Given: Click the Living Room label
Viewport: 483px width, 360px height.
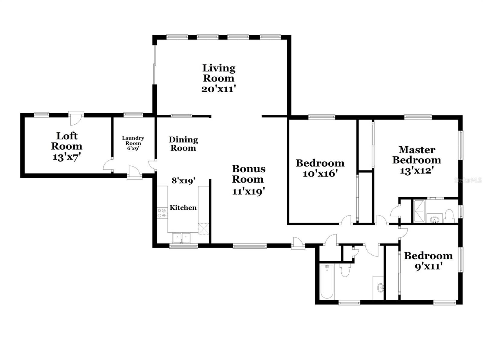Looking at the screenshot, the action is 219,73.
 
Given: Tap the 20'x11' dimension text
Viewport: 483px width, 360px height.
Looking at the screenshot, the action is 219,89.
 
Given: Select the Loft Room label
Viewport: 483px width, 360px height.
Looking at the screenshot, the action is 67,141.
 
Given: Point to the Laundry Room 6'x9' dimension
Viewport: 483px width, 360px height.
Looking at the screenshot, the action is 133,148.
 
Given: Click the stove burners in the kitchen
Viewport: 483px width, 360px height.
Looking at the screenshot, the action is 162,213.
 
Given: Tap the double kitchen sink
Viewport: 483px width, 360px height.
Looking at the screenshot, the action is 181,237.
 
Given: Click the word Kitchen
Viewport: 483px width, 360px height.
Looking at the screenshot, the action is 183,208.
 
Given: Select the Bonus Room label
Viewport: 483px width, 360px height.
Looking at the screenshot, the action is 249,174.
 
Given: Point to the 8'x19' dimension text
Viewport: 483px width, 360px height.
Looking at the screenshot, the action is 183,180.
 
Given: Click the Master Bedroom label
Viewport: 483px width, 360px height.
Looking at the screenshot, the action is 417,155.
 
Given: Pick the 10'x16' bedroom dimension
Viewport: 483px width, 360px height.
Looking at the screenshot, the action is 320,174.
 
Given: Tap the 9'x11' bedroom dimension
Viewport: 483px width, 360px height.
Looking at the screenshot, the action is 429,266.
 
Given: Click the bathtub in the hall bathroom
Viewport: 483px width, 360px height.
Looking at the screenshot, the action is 327,282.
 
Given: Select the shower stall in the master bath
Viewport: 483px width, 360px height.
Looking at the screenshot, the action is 419,211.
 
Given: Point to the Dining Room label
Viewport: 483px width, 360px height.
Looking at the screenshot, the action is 183,144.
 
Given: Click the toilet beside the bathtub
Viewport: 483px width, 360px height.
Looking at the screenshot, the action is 345,269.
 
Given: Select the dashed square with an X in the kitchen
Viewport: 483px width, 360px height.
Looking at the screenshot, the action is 203,229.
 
